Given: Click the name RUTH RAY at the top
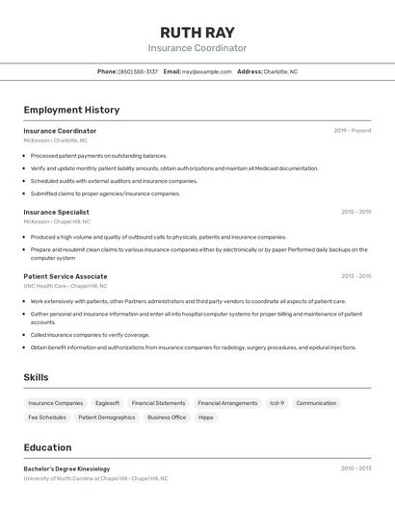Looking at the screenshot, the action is [x=197, y=32].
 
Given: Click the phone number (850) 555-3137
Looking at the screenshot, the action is [x=138, y=71].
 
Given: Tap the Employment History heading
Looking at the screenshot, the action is [x=71, y=110].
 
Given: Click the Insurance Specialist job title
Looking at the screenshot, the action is [x=56, y=212].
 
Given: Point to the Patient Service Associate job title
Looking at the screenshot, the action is [x=66, y=276].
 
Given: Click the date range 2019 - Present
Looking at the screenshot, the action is [x=353, y=131].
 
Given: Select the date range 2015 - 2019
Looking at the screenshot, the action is [x=355, y=212].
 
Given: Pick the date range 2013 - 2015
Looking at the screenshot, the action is [x=355, y=276].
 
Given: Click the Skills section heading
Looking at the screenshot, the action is [x=36, y=377].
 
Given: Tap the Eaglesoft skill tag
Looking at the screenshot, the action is [x=107, y=403].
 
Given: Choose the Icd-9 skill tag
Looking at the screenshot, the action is [x=276, y=403].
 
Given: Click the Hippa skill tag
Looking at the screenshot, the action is [x=206, y=418].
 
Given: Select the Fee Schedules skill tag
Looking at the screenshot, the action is [x=47, y=418].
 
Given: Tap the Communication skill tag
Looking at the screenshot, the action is [x=316, y=403].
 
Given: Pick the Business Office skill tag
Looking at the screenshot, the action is [x=167, y=418].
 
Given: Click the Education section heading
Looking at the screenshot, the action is [x=47, y=447].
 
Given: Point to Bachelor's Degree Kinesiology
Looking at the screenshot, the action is [x=66, y=469].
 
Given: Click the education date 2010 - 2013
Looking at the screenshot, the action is [x=355, y=469].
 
